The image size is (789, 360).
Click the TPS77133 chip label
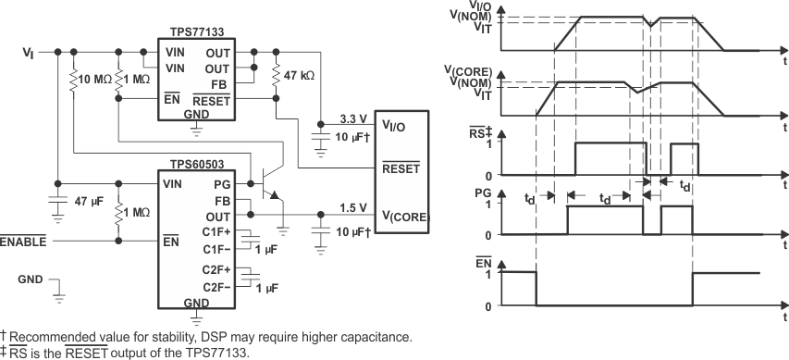(x=194, y=31)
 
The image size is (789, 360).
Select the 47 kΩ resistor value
(x=300, y=75)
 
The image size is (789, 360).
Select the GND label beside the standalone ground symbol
(x=31, y=279)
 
